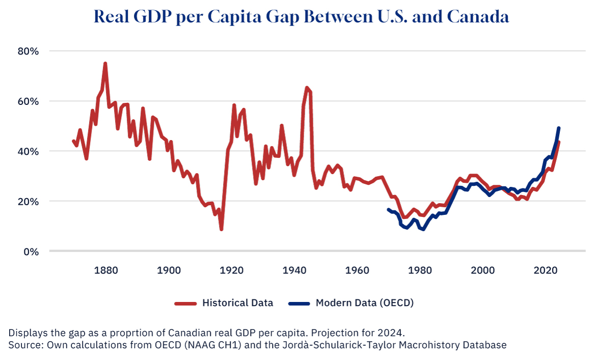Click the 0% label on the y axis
pyautogui.click(x=32, y=251)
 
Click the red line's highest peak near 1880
pyautogui.click(x=105, y=64)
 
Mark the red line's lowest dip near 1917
pyautogui.click(x=221, y=229)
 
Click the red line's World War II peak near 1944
pyautogui.click(x=307, y=88)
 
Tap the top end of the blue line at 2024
pyautogui.click(x=559, y=128)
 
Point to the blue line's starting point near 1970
pyautogui.click(x=389, y=209)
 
